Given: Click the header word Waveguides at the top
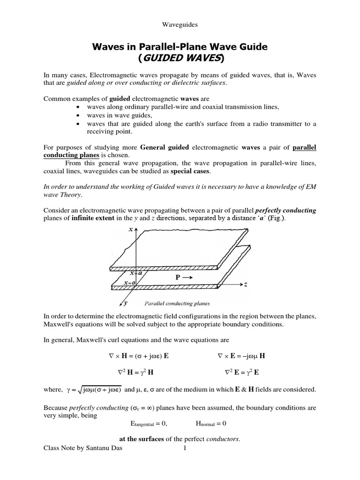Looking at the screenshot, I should [180, 25].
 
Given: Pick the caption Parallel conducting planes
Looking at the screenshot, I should [171, 303].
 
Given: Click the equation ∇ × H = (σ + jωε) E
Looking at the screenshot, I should [139, 356].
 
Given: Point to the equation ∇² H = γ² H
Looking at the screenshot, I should [139, 373].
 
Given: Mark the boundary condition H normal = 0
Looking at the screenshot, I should [211, 424].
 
